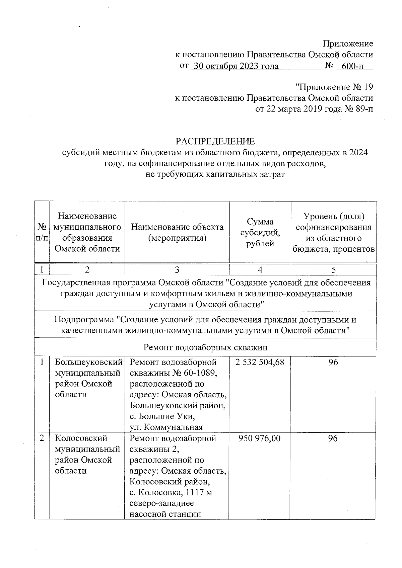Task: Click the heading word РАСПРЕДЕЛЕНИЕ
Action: [x=215, y=141]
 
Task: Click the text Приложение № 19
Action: [x=334, y=87]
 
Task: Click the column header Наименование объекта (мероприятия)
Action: [x=177, y=232]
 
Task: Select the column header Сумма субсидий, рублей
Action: [x=260, y=232]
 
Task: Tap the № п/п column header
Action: [x=42, y=232]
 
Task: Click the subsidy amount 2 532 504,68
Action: [x=260, y=362]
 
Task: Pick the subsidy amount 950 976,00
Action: [x=260, y=438]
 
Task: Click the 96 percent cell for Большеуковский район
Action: [x=333, y=362]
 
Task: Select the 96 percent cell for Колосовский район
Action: [x=333, y=438]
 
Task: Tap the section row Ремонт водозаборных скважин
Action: [x=205, y=347]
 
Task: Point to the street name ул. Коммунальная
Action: [x=166, y=427]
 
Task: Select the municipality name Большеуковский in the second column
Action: [x=88, y=362]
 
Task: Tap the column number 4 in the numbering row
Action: [x=260, y=270]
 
